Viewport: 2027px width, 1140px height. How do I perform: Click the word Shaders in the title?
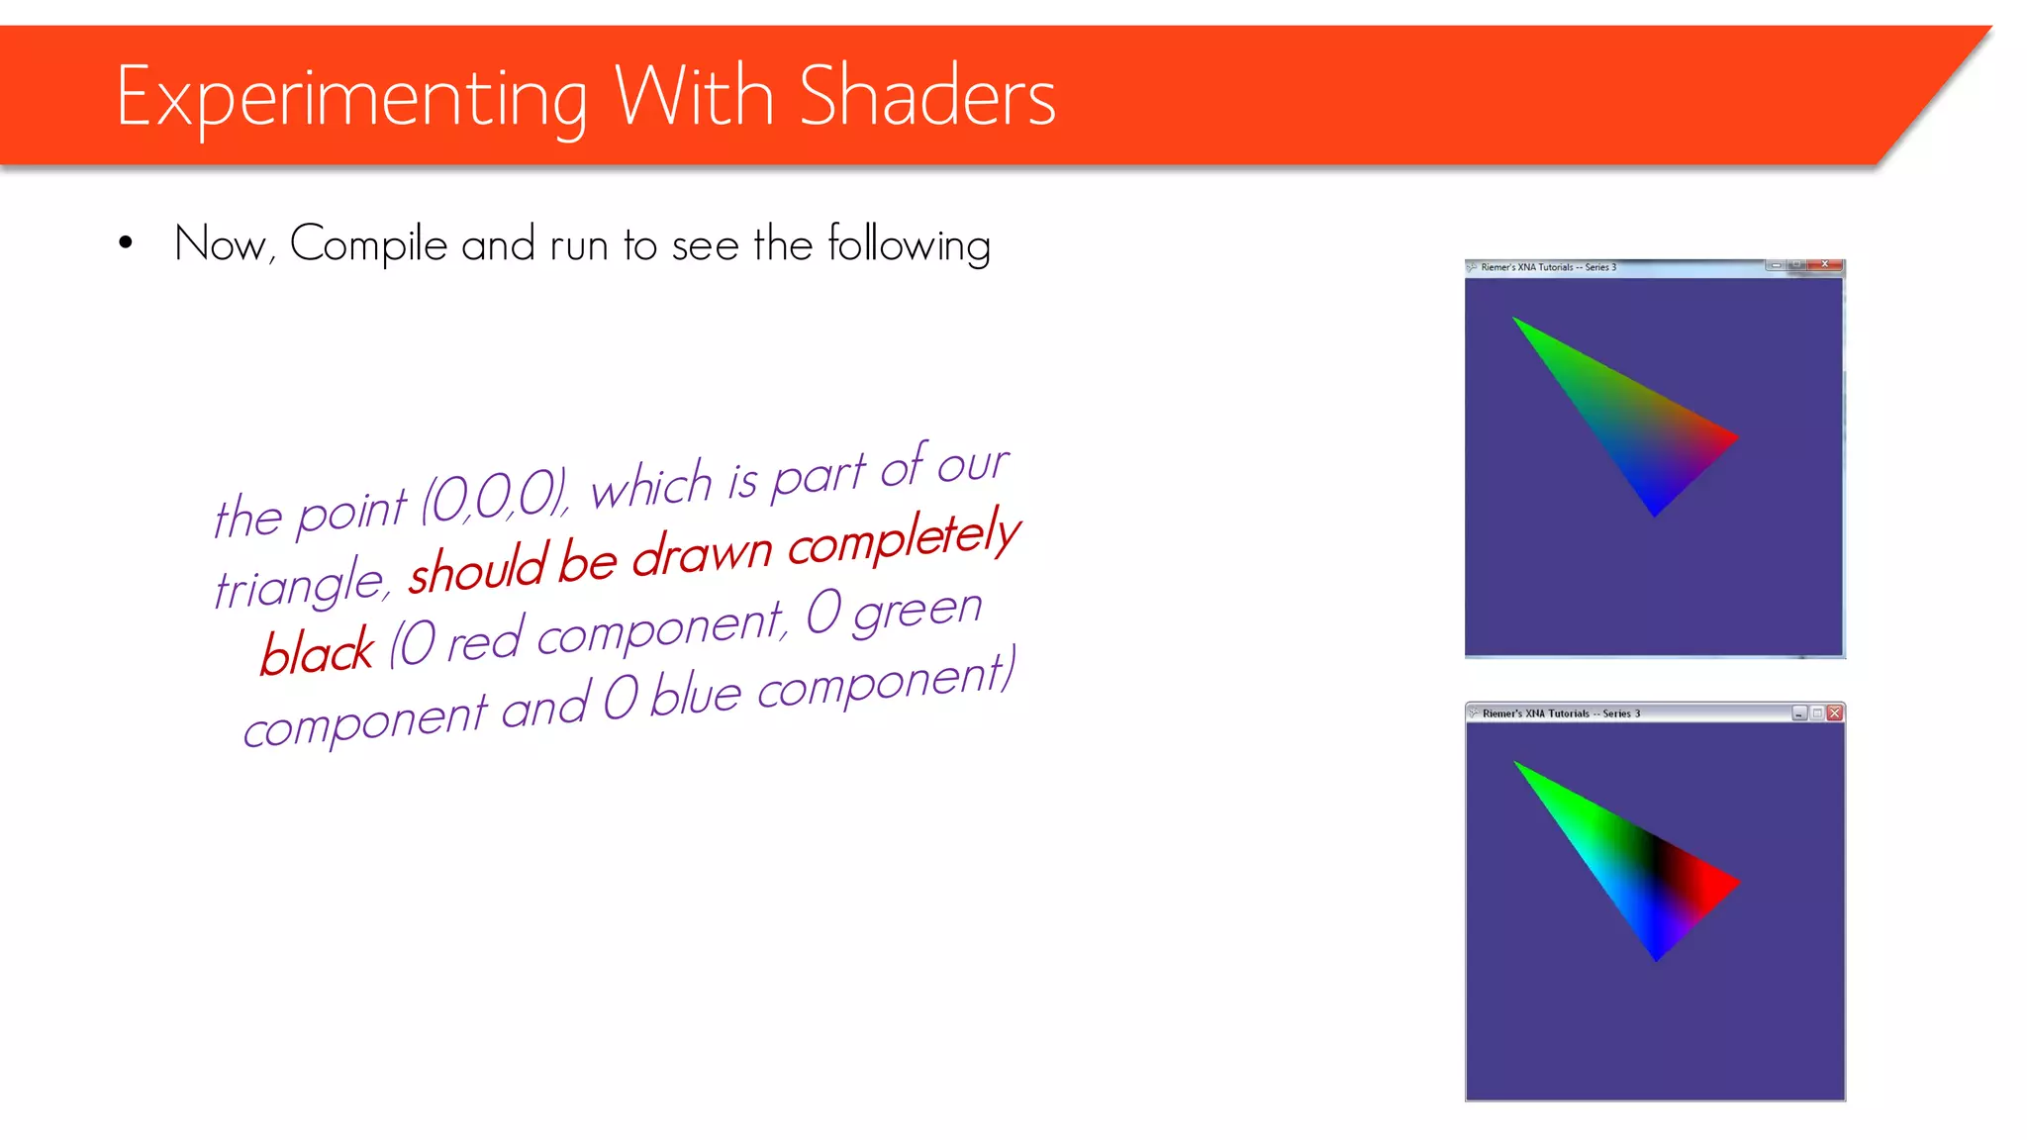tap(926, 97)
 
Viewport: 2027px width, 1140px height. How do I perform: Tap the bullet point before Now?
tap(126, 243)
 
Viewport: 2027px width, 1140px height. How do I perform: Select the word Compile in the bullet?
tap(368, 244)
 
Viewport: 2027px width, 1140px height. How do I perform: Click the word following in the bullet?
tap(909, 244)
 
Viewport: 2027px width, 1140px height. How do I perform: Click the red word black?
tap(318, 652)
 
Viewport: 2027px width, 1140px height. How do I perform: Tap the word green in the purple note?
tap(917, 609)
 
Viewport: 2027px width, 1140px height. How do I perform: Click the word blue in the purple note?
tap(696, 695)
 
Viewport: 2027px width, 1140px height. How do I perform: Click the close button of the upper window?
tap(1824, 265)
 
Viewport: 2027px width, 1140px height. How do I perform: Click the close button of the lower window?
tap(1835, 712)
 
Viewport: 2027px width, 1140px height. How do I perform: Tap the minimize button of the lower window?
tap(1799, 712)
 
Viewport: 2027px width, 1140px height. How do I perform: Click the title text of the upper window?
tap(1548, 267)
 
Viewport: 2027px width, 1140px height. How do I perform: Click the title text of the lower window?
tap(1561, 713)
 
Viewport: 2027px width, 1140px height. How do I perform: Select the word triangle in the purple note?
tap(299, 584)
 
